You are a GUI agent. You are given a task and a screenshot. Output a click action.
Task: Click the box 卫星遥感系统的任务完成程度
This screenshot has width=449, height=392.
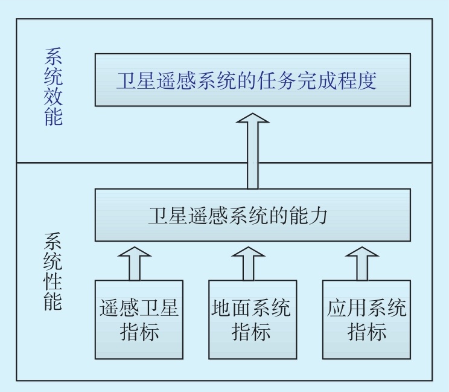pyautogui.click(x=252, y=80)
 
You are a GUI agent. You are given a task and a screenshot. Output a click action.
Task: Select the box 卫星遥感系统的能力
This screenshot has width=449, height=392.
pyautogui.click(x=252, y=216)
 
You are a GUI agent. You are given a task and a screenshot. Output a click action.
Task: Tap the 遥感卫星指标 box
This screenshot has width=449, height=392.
pyautogui.click(x=139, y=320)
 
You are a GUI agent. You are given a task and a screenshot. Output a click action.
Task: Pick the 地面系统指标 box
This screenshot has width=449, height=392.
pyautogui.click(x=252, y=320)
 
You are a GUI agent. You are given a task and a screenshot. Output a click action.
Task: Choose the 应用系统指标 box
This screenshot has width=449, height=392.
pyautogui.click(x=366, y=320)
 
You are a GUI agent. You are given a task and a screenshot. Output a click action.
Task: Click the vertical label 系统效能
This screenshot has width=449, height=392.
pyautogui.click(x=53, y=87)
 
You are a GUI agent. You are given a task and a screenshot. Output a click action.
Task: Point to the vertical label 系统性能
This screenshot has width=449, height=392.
pyautogui.click(x=53, y=271)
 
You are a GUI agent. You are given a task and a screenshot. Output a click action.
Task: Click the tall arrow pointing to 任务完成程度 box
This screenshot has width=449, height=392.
pyautogui.click(x=252, y=151)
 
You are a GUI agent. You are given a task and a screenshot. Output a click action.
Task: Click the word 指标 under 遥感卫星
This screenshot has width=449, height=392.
pyautogui.click(x=139, y=332)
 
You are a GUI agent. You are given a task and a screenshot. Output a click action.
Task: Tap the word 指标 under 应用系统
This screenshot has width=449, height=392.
pyautogui.click(x=366, y=332)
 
